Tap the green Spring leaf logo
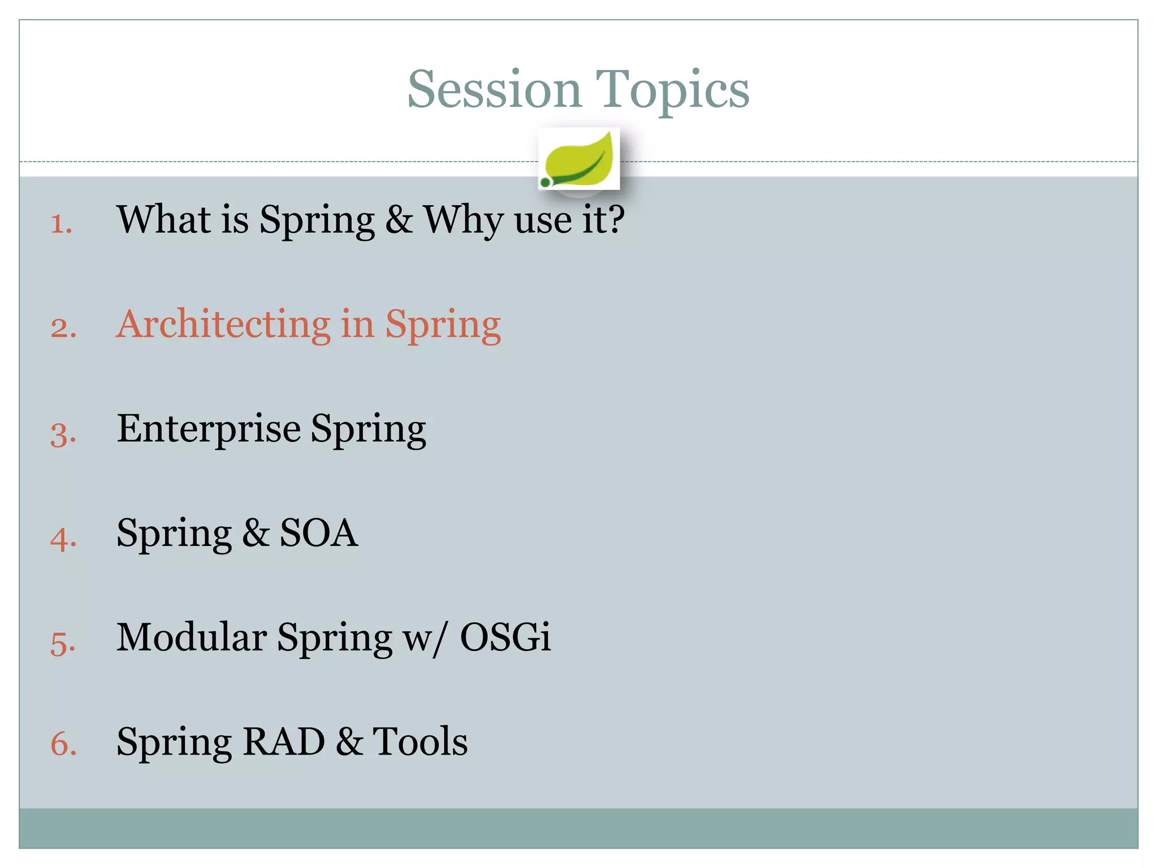click(x=578, y=159)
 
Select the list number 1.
click(x=61, y=223)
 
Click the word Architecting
click(x=223, y=324)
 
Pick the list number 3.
click(x=63, y=435)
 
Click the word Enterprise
click(x=208, y=429)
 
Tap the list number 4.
click(x=63, y=539)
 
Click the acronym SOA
click(x=318, y=533)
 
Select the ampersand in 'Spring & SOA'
click(x=256, y=533)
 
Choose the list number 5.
click(x=62, y=644)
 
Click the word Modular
click(x=191, y=637)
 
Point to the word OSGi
click(x=504, y=637)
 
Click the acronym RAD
click(x=283, y=741)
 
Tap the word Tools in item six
click(x=420, y=741)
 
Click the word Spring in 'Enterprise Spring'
click(x=368, y=429)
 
